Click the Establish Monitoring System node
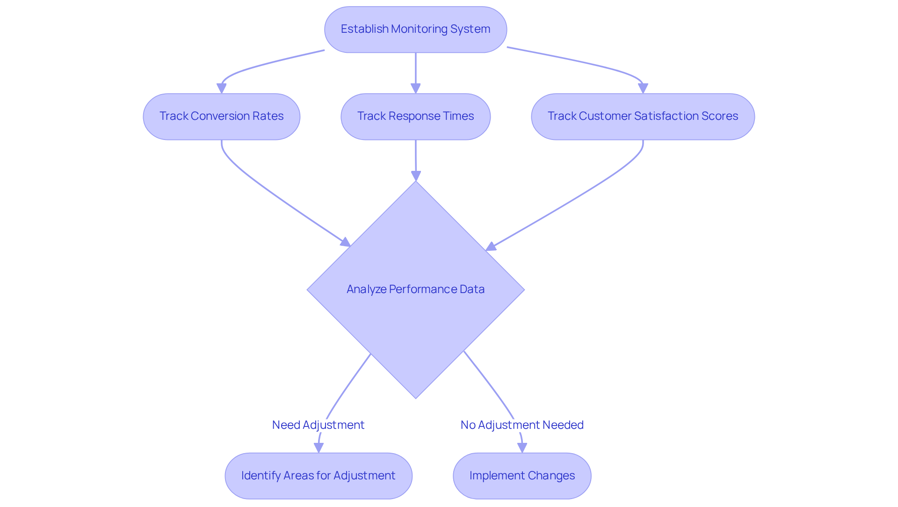[415, 29]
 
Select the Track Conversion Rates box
[221, 117]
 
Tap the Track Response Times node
[415, 117]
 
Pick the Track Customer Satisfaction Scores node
[643, 117]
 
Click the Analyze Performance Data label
[415, 289]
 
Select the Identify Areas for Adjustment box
[318, 476]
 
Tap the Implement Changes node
[522, 476]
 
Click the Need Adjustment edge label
[318, 425]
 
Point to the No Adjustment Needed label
[522, 425]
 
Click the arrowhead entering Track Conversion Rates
[222, 88]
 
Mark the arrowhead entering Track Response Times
[415, 88]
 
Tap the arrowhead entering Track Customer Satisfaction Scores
[643, 88]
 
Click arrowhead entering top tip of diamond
[416, 176]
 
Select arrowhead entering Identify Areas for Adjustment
[319, 448]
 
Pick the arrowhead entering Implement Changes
[522, 448]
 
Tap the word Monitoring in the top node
[420, 29]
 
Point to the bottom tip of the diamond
[415, 397]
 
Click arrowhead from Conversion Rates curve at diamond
[346, 242]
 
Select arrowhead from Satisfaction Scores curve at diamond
[491, 247]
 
